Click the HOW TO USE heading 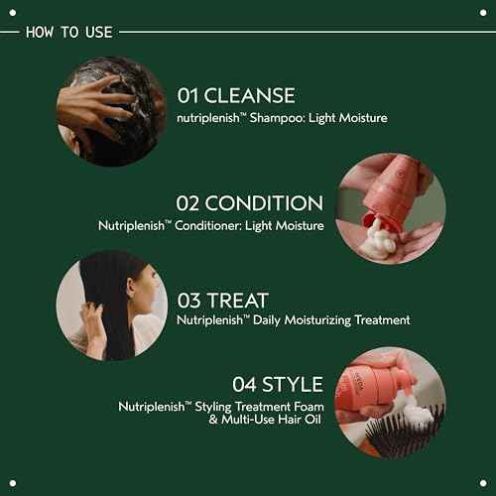click(67, 32)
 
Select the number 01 click(189, 96)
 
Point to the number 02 click(188, 203)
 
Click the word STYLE click(294, 384)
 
